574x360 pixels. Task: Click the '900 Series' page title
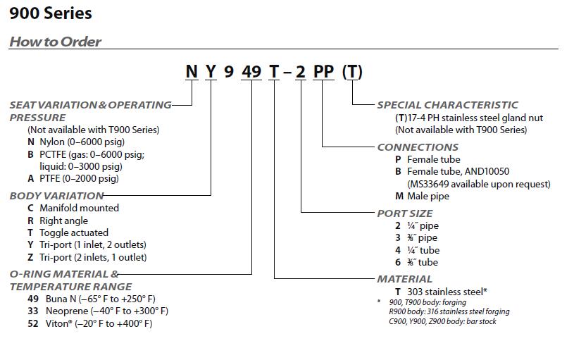coord(51,13)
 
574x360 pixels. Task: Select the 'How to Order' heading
coord(55,42)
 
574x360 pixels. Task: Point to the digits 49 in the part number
coord(252,73)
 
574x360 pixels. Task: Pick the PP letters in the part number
coord(323,73)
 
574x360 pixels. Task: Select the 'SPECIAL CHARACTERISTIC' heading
coord(447,105)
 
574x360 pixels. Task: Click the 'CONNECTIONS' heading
coord(418,147)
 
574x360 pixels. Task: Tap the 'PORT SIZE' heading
coord(405,213)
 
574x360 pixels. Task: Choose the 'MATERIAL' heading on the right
coord(404,279)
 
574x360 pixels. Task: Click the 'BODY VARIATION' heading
coord(56,196)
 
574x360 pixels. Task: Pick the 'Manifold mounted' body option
coord(79,209)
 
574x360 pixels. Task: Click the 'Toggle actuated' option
coord(73,232)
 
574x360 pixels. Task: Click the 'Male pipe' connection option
coord(427,197)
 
